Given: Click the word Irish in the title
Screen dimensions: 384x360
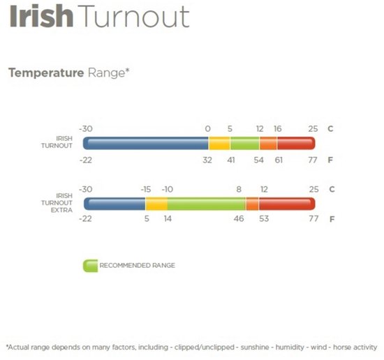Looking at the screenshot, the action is tap(41, 16).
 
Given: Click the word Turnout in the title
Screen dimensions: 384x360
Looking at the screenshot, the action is tap(134, 17).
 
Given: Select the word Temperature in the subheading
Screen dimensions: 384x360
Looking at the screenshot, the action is tap(46, 73).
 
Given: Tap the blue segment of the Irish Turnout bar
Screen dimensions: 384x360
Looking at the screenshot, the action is tap(146, 143).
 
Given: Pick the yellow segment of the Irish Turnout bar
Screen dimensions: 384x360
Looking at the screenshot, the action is tap(219, 143).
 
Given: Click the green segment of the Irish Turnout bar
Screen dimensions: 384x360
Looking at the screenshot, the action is tap(245, 143).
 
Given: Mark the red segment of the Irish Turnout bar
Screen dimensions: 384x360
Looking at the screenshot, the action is tap(296, 143).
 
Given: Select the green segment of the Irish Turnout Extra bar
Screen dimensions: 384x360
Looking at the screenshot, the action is tap(207, 204).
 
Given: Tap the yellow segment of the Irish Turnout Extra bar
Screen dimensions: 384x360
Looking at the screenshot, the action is tap(156, 204).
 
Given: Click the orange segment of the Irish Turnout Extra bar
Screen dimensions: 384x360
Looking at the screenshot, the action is tap(252, 204).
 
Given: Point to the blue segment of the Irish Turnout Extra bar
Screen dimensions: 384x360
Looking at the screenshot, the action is tap(115, 204).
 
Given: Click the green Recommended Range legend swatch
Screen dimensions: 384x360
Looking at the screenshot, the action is tap(90, 266).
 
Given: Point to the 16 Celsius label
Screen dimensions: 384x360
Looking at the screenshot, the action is tap(278, 129).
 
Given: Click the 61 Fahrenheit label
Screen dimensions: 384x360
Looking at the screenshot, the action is tap(279, 160).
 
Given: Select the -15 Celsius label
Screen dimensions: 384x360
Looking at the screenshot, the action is tap(146, 189).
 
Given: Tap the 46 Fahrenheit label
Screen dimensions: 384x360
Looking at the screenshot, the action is tap(239, 218).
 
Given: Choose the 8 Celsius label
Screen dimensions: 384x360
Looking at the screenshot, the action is tap(239, 189).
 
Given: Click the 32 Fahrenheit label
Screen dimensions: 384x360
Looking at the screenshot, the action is tap(207, 160).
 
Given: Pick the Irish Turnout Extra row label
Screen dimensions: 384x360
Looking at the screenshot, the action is tap(57, 203).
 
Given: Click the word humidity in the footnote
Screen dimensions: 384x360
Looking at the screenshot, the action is tap(290, 347).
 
